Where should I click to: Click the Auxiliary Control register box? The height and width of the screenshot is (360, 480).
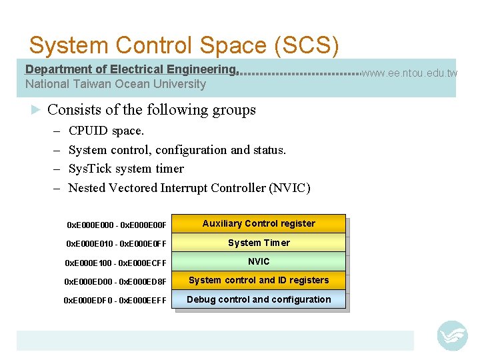[259, 223]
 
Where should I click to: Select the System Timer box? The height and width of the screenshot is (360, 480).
[259, 243]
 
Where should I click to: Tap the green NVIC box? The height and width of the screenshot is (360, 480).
[259, 261]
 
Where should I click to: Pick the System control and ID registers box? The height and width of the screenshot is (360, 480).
[259, 280]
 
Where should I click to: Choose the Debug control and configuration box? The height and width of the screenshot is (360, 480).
[259, 299]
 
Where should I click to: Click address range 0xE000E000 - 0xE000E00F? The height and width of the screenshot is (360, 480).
[117, 225]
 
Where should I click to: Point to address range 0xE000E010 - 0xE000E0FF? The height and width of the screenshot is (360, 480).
[116, 243]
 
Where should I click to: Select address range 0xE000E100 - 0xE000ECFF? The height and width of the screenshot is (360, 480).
[115, 263]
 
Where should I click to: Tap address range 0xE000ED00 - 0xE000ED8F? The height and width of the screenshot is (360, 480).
[115, 281]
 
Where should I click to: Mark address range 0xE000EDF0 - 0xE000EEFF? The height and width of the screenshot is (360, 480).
[115, 301]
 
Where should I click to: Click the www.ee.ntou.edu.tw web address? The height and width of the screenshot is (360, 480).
[409, 73]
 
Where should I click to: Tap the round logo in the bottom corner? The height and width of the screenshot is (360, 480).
[452, 335]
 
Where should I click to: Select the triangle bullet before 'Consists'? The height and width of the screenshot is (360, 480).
[37, 109]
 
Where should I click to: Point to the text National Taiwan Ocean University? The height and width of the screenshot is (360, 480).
[115, 84]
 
